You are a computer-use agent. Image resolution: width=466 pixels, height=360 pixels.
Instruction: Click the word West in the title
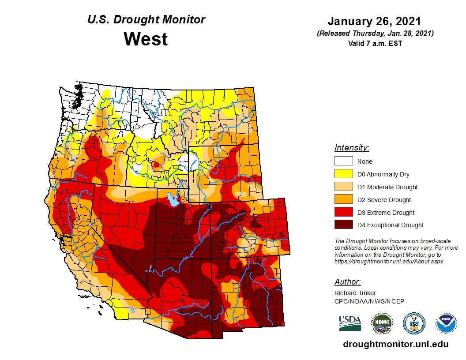point(146,39)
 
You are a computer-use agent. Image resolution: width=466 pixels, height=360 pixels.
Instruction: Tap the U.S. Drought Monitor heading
point(146,20)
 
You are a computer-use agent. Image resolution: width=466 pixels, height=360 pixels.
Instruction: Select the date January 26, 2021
point(374,21)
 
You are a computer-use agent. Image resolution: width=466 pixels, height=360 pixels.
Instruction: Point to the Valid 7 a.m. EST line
point(374,43)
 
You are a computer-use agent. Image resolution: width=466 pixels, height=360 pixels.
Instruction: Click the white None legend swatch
point(343,161)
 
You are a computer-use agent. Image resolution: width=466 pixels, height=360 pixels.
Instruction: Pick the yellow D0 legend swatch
point(343,174)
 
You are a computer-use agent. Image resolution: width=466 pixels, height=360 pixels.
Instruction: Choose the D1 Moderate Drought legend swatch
point(343,187)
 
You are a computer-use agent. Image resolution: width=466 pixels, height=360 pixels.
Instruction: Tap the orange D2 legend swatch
point(343,199)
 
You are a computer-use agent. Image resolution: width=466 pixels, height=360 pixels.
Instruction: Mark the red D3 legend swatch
point(343,212)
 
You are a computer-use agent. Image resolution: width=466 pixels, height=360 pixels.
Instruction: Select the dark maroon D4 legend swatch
point(343,225)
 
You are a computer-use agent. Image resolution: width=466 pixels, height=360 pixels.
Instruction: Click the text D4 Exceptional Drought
point(391,225)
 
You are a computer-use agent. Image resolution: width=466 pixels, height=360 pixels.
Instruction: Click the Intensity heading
point(352,148)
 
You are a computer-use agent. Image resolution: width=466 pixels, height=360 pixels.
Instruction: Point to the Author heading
point(347,282)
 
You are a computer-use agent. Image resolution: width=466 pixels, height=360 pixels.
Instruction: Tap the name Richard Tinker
point(355,293)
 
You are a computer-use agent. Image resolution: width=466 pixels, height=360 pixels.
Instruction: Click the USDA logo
point(350,323)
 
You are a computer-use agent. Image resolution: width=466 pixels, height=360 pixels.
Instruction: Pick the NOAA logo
point(446,323)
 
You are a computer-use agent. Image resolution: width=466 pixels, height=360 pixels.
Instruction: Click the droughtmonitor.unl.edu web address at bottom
point(395,344)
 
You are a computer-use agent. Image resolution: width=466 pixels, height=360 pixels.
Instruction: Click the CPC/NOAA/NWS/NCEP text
point(369,301)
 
